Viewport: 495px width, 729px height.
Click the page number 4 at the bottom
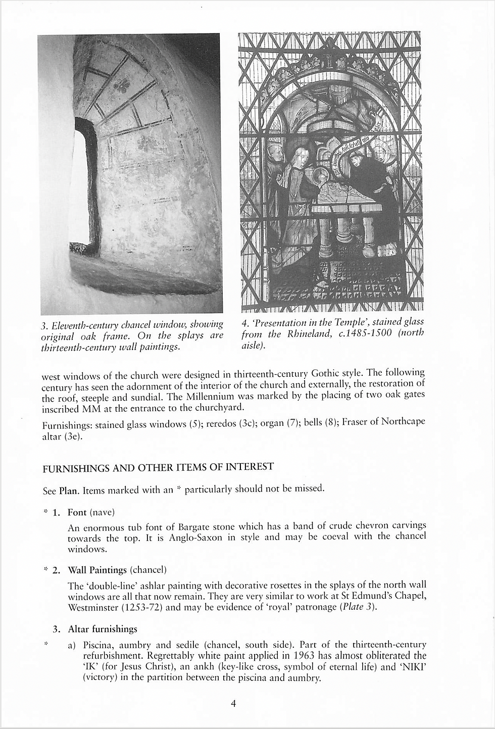pos(233,703)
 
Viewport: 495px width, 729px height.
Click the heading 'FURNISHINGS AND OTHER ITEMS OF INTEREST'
pos(158,467)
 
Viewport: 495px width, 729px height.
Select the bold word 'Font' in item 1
pos(77,512)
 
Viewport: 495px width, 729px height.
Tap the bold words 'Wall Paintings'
pos(97,570)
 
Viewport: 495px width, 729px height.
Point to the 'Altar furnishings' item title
pos(103,629)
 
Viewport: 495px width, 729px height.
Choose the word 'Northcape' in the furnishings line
pos(403,421)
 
